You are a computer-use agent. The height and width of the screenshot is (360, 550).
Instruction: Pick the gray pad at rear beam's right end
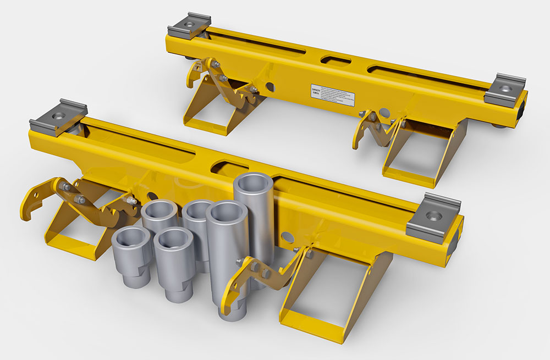[x=505, y=89]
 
